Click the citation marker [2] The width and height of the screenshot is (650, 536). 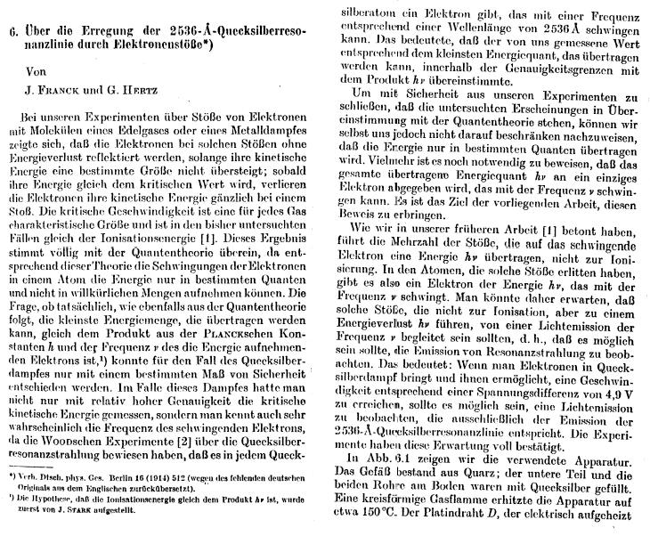[x=181, y=443]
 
